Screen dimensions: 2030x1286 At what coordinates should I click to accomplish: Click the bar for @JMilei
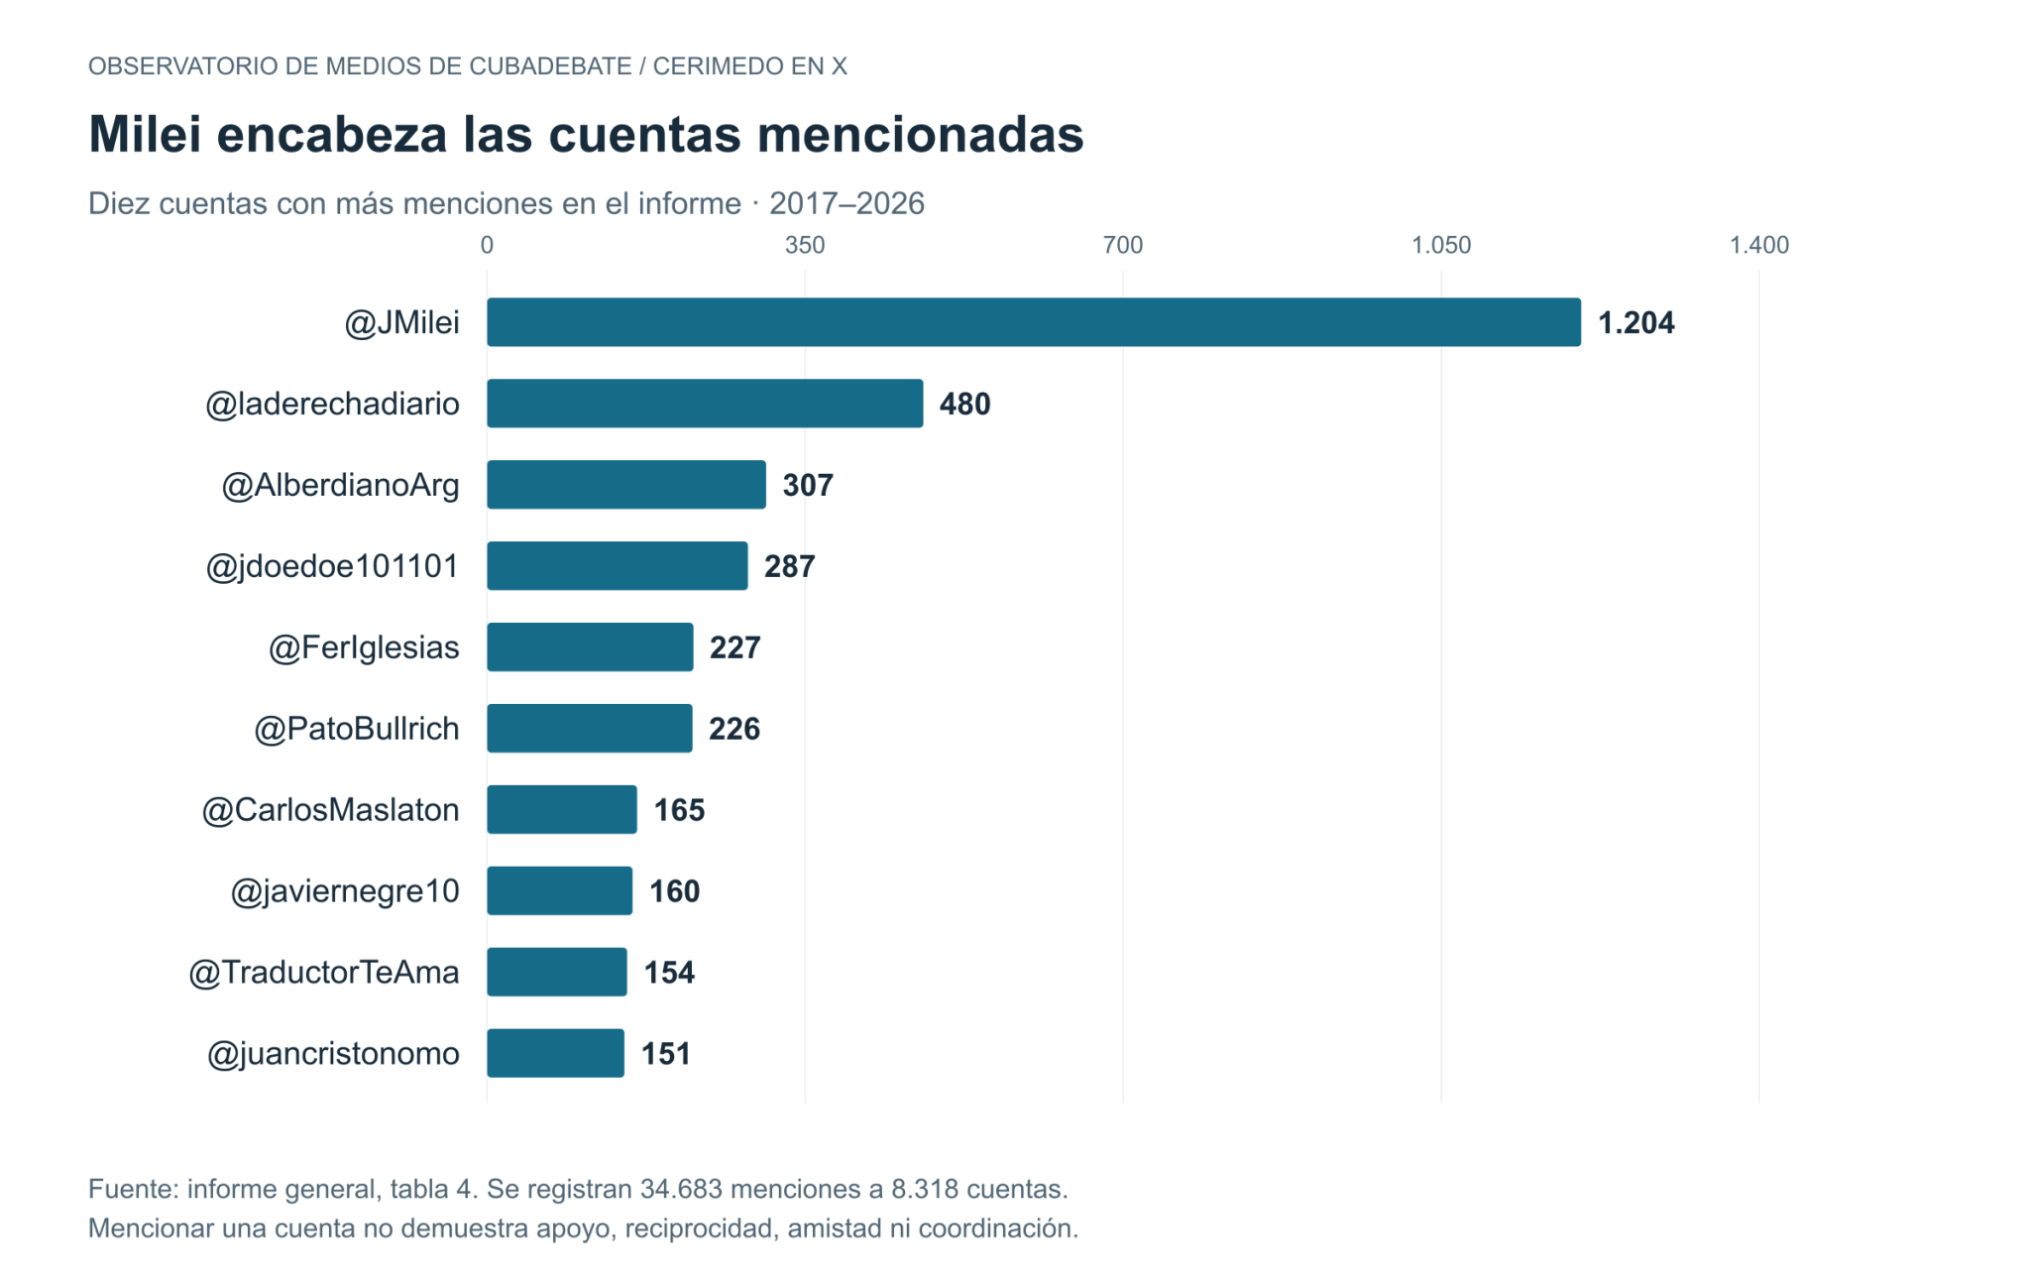[x=1034, y=322]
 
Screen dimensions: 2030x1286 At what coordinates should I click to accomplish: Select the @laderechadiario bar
[x=705, y=404]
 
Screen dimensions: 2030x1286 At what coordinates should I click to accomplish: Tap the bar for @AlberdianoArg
[x=626, y=485]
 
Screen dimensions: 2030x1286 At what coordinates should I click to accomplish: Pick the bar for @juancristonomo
[x=555, y=1053]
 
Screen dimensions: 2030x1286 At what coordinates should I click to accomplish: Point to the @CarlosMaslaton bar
[x=562, y=810]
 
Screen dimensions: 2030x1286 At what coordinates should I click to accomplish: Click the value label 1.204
[x=1636, y=323]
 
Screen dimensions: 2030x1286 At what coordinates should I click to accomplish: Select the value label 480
[x=965, y=405]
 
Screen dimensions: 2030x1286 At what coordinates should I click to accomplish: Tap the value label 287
[x=790, y=567]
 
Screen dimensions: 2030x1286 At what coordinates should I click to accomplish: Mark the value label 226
[x=734, y=730]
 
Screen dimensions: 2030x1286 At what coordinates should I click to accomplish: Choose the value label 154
[x=669, y=973]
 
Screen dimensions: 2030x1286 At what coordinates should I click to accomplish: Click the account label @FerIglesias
[x=364, y=647]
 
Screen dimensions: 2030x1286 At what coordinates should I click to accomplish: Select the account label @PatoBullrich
[x=357, y=729]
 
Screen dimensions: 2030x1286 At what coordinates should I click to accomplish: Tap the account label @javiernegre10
[x=345, y=891]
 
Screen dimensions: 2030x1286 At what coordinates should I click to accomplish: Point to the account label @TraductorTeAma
[x=324, y=973]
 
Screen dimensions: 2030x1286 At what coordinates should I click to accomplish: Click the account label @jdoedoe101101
[x=332, y=566]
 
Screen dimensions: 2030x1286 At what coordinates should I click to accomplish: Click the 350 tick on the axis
[x=805, y=245]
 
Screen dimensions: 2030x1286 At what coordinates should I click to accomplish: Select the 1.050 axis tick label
[x=1441, y=245]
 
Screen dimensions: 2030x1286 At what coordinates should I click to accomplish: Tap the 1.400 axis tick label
[x=1759, y=245]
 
